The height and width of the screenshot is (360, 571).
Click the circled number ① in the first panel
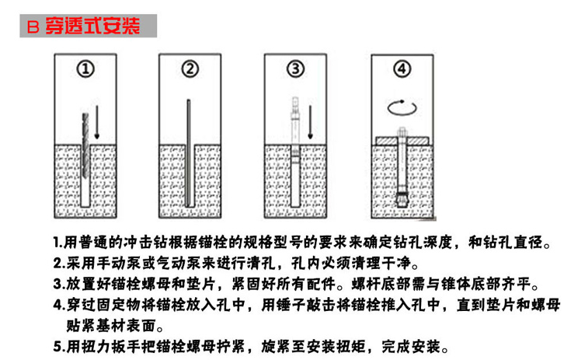(87, 70)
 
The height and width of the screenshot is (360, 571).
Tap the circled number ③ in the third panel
(294, 70)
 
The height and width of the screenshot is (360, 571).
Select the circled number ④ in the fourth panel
(399, 70)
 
